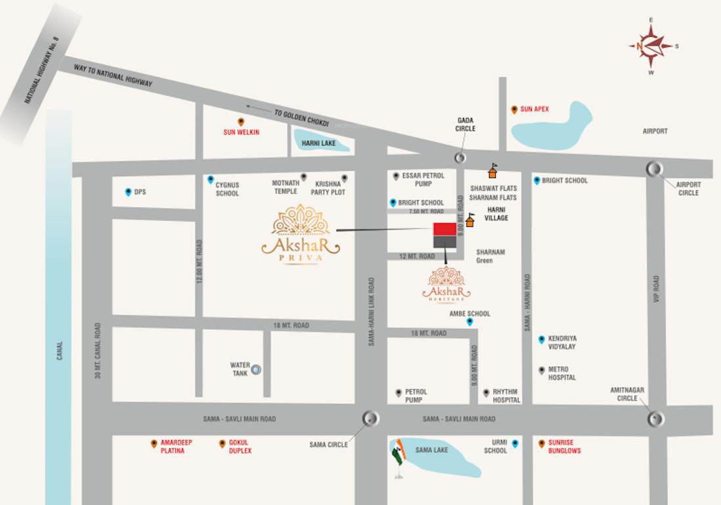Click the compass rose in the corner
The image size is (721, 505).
[651, 46]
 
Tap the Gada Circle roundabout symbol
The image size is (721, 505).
[460, 157]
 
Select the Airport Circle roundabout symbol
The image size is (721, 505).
[654, 169]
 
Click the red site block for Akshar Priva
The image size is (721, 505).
[445, 229]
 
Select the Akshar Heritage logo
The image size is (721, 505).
[447, 284]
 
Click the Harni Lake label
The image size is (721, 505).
[317, 143]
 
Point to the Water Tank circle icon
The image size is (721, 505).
[256, 370]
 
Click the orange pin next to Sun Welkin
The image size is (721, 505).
[241, 122]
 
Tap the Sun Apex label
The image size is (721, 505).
[535, 109]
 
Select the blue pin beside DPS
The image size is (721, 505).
[128, 192]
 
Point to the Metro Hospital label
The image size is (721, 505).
[562, 373]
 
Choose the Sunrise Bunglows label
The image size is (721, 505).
[565, 447]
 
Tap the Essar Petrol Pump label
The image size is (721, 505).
[424, 180]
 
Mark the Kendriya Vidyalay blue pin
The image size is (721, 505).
[542, 339]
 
